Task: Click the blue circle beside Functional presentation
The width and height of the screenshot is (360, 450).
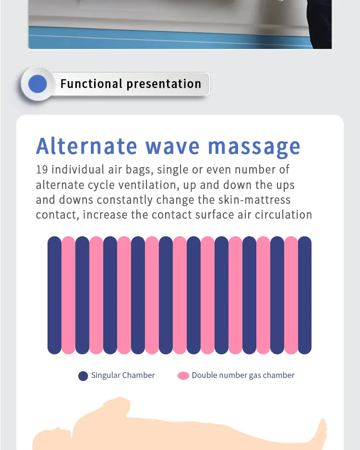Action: click(x=37, y=84)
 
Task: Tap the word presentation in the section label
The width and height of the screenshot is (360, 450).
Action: click(x=164, y=84)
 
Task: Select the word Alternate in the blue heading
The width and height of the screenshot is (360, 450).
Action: click(x=86, y=146)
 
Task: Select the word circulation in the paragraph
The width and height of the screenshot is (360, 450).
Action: click(x=283, y=214)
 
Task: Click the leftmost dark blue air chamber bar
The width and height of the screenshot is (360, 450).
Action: click(x=54, y=295)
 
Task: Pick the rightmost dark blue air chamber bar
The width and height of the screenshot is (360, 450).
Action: click(x=305, y=295)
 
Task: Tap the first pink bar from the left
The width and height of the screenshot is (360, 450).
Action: click(x=68, y=295)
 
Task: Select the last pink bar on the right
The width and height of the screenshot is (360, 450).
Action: click(x=291, y=295)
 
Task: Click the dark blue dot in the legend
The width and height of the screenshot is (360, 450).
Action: click(x=83, y=376)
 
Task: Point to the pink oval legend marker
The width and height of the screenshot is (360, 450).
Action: click(x=183, y=376)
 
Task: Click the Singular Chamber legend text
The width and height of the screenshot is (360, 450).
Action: click(x=123, y=376)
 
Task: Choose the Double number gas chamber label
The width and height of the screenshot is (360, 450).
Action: click(x=243, y=376)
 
